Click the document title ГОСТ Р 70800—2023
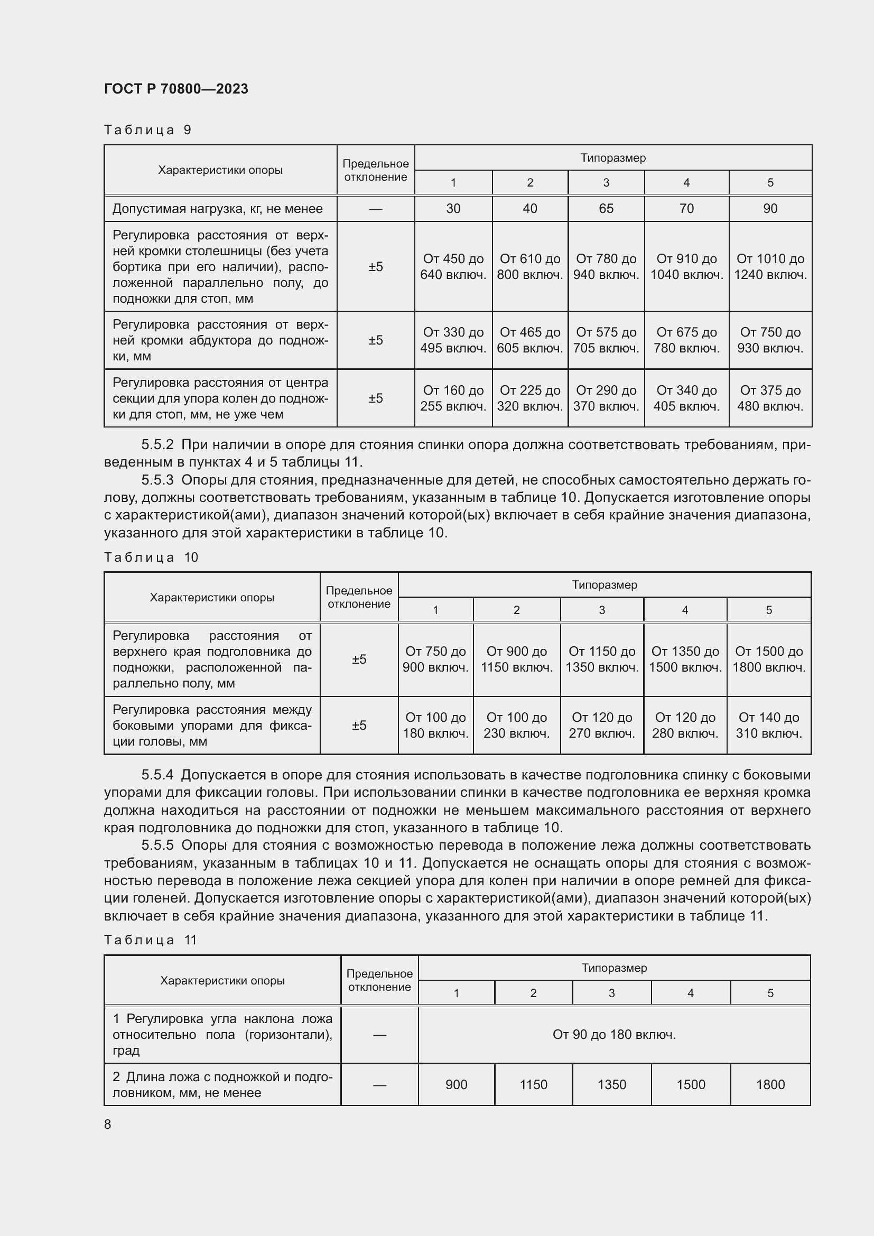pyautogui.click(x=176, y=89)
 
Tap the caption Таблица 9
pyautogui.click(x=147, y=130)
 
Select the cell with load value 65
pyautogui.click(x=606, y=208)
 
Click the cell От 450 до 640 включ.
pyautogui.click(x=453, y=266)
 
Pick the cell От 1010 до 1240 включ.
pyautogui.click(x=770, y=266)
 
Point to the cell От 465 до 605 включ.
pyautogui.click(x=529, y=340)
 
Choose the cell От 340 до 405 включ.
pyautogui.click(x=686, y=398)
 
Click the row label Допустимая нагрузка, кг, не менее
pyautogui.click(x=217, y=208)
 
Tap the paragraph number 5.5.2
pyautogui.click(x=157, y=444)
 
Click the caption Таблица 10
pyautogui.click(x=151, y=557)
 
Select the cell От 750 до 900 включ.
pyautogui.click(x=435, y=659)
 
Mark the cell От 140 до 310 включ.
pyautogui.click(x=769, y=725)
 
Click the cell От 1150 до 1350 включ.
pyautogui.click(x=602, y=659)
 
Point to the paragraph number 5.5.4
pyautogui.click(x=157, y=775)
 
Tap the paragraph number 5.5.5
pyautogui.click(x=157, y=845)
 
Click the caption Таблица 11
pyautogui.click(x=151, y=940)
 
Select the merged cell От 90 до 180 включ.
pyautogui.click(x=614, y=1035)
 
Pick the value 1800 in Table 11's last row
pyautogui.click(x=770, y=1084)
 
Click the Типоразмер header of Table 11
pyautogui.click(x=614, y=968)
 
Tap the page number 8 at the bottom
pyautogui.click(x=108, y=1124)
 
